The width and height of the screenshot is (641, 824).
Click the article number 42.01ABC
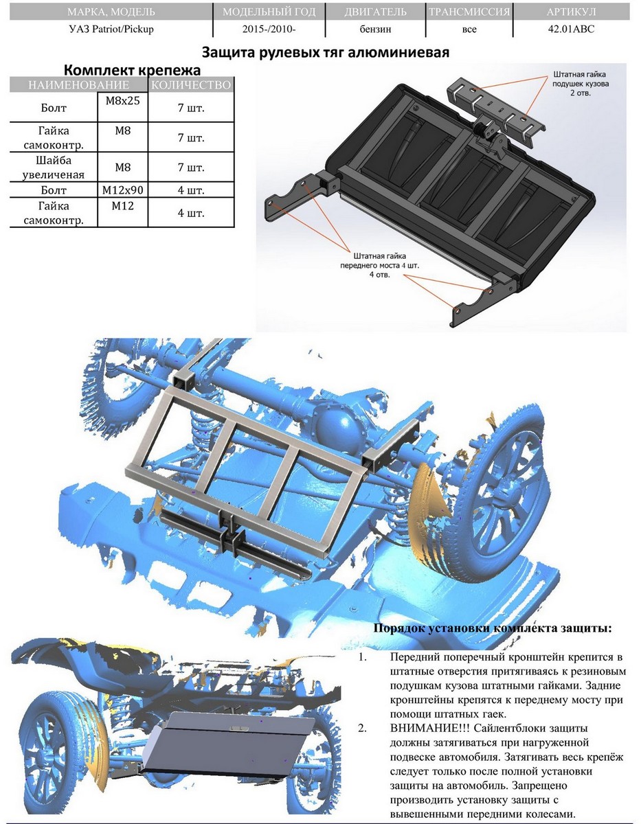point(571,30)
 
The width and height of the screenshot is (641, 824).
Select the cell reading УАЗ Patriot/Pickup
point(111,30)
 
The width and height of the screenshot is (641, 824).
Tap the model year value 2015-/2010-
point(269,30)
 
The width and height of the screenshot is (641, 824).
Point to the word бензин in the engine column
point(375,30)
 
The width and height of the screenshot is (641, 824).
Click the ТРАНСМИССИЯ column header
point(469,12)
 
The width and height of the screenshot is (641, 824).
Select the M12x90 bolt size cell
point(122,190)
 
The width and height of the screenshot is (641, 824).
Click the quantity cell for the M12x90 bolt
point(191,190)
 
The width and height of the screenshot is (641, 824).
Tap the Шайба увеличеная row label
point(53,168)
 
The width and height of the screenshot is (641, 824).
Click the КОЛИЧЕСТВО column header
point(191,84)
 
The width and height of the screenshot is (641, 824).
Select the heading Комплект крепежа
point(132,71)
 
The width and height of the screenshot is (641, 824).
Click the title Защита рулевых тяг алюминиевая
point(326,52)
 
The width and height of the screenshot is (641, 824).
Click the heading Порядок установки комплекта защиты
point(493,628)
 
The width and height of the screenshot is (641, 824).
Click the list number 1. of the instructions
point(363,657)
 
